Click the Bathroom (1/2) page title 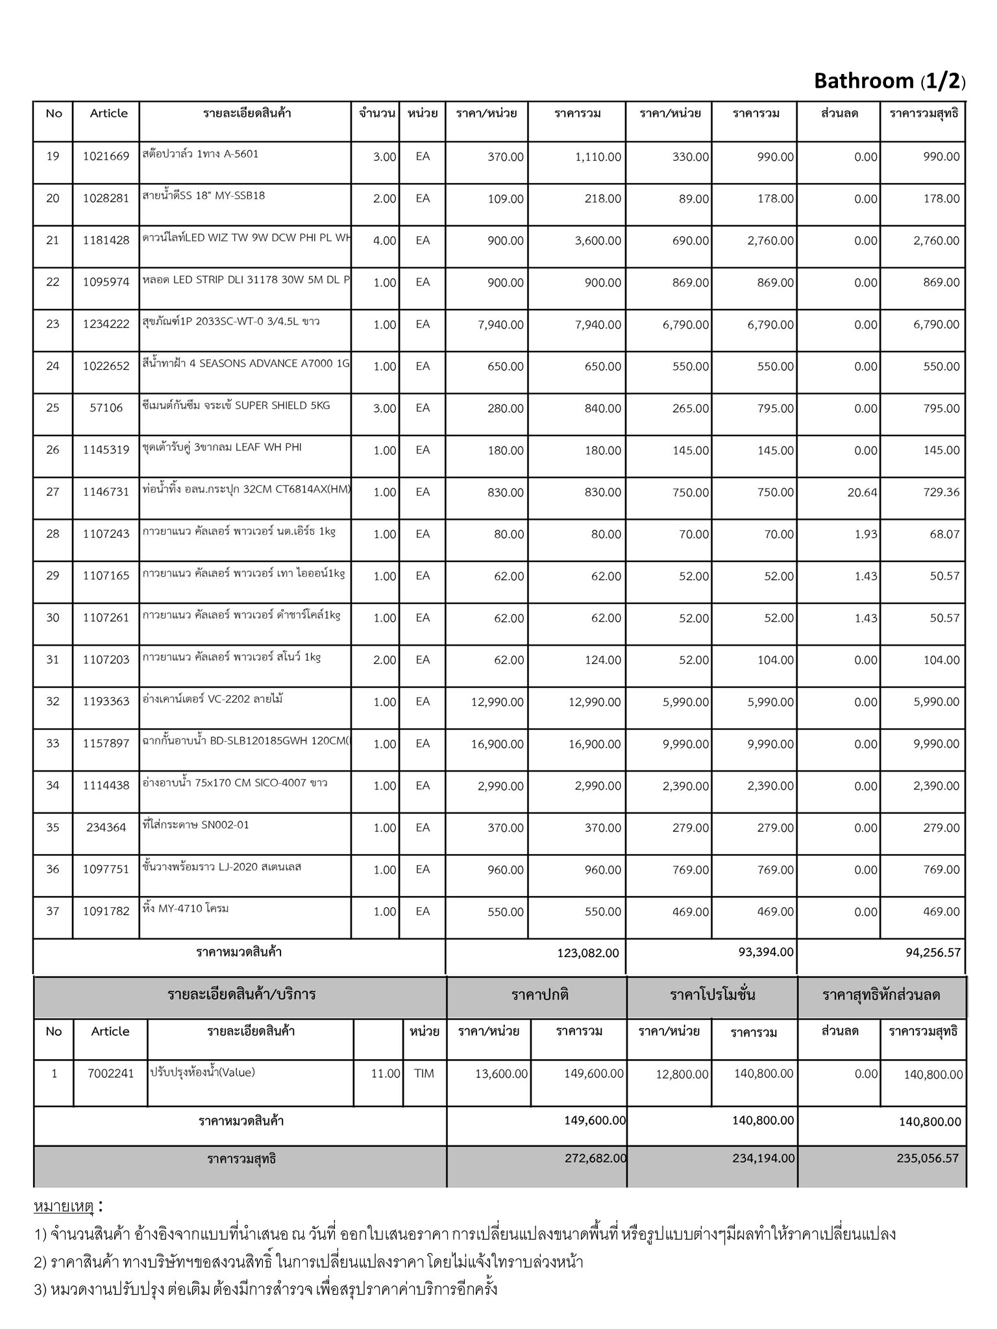pos(889,81)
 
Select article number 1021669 pos(106,156)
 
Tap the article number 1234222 pos(106,324)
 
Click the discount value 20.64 pos(862,493)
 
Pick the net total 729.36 pos(941,493)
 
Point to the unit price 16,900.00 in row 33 pos(497,744)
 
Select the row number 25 pos(53,408)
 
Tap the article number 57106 pos(106,408)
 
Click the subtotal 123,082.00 pos(587,953)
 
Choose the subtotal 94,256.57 pos(933,953)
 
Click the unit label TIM pos(424,1074)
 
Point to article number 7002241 pos(110,1074)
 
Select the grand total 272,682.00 pos(596,1158)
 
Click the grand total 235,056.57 pos(928,1158)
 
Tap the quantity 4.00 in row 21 pos(384,241)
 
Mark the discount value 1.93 pos(866,534)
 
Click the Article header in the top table pos(108,114)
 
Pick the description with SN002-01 pos(195,825)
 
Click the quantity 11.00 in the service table pos(385,1074)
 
